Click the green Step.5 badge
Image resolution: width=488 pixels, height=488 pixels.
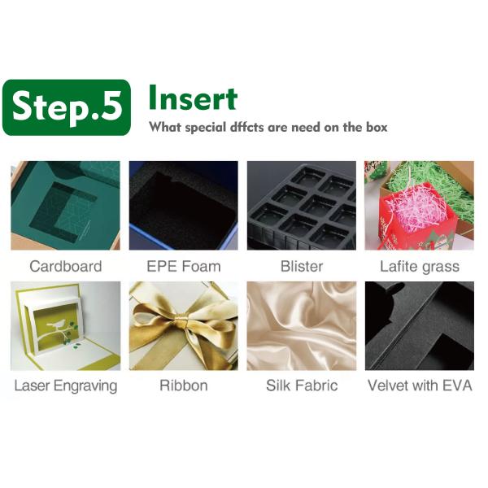(x=67, y=107)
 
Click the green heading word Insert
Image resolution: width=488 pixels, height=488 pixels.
(x=193, y=98)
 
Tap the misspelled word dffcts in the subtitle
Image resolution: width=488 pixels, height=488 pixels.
(x=246, y=128)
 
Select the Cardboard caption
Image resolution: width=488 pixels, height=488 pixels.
(x=66, y=267)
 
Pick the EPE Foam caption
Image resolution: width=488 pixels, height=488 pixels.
(x=184, y=267)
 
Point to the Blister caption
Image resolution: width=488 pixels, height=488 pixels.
(x=302, y=267)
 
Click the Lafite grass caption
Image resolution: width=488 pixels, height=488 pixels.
(x=420, y=267)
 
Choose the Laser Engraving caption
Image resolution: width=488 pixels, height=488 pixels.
(x=66, y=386)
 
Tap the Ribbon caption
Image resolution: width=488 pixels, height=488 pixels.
(x=184, y=386)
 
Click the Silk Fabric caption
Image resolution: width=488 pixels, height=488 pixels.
(x=302, y=386)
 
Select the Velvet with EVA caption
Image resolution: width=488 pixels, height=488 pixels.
(x=420, y=386)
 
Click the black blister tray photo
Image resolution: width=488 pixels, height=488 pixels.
(x=302, y=206)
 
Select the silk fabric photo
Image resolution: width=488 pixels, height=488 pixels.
(x=302, y=326)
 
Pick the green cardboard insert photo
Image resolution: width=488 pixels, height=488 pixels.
(x=65, y=206)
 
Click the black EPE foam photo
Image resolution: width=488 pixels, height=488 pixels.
(x=184, y=206)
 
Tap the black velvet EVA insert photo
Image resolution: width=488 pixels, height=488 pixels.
(x=420, y=326)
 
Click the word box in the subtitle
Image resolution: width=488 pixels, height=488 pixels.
(x=377, y=127)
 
